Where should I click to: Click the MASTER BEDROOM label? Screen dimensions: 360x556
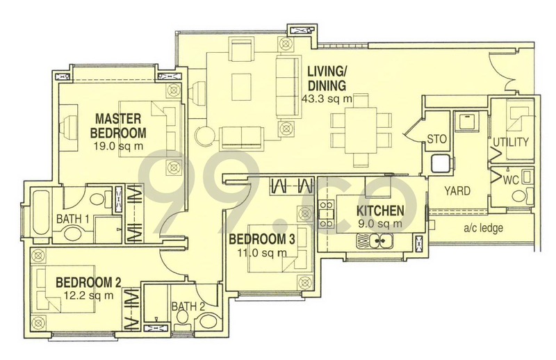pos(120,126)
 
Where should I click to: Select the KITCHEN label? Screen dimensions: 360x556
pos(380,211)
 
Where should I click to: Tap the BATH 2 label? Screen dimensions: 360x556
pos(186,305)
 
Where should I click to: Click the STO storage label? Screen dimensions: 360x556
pos(436,139)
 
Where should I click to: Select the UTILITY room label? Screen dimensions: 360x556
pos(511,142)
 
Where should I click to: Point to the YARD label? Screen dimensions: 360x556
pos(457,190)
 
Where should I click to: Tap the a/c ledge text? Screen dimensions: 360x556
pos(480,228)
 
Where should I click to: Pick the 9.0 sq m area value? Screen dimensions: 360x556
pos(379,223)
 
